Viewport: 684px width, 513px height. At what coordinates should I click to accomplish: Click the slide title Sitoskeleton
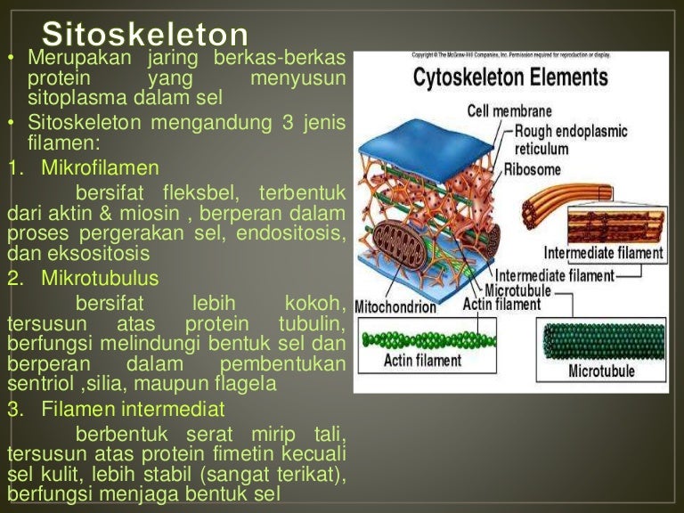point(145,36)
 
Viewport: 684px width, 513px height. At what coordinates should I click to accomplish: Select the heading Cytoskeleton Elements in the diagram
point(510,77)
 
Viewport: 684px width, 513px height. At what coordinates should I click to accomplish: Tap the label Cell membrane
point(509,112)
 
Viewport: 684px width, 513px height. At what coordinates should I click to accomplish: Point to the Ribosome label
point(533,168)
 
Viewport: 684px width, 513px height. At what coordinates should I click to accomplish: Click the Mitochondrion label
point(395,307)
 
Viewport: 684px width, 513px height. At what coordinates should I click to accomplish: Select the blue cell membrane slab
point(427,142)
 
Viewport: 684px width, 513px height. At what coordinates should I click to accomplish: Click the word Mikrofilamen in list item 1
point(100,167)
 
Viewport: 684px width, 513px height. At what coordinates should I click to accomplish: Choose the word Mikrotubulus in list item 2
point(100,279)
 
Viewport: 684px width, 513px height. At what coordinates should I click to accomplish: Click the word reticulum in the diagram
point(547,149)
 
